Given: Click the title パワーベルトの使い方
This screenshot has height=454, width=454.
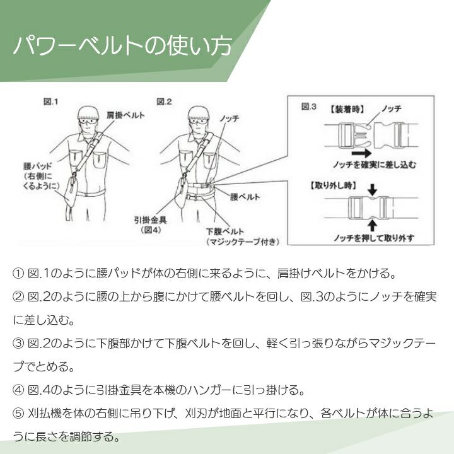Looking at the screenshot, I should (x=122, y=46).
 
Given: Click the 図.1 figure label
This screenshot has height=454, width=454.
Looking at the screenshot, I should (x=51, y=101).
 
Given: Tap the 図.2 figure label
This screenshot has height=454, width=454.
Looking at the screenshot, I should (x=164, y=101).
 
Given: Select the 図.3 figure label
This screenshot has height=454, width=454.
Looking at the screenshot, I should (x=309, y=107).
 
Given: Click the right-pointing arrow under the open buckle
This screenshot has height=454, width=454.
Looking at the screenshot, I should (x=361, y=152).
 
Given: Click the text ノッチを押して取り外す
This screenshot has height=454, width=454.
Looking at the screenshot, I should (x=375, y=238).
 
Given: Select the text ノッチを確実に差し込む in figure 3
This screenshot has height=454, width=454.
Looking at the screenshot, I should (x=378, y=164).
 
